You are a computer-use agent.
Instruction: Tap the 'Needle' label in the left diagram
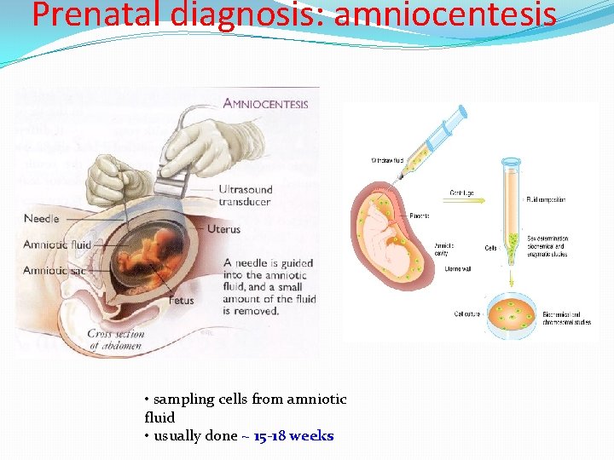[x=41, y=219]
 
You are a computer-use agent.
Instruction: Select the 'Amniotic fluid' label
[x=57, y=244]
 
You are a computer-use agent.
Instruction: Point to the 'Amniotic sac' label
[x=54, y=270]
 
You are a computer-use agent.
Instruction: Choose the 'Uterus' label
[x=223, y=229]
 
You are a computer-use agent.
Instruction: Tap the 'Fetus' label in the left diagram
[x=180, y=300]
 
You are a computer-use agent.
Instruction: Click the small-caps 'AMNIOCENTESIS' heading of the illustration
[x=265, y=105]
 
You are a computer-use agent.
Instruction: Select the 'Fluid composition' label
[x=547, y=199]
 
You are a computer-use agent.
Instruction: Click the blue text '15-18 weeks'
[x=293, y=436]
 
